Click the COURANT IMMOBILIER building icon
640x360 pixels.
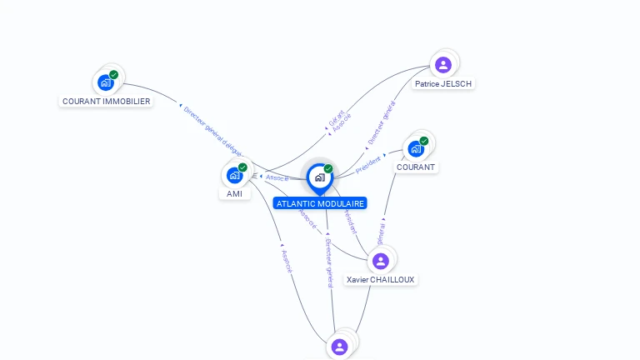[x=105, y=82]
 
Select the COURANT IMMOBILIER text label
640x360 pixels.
[x=107, y=102]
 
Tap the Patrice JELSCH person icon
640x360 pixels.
[x=443, y=64]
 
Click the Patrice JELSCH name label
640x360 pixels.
[x=444, y=83]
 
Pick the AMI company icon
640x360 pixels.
[x=234, y=175]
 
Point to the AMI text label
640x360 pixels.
[x=234, y=193]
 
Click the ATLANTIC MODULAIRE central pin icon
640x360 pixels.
[x=319, y=177]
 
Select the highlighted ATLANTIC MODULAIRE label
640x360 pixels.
[x=320, y=203]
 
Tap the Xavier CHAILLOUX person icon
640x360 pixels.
[x=381, y=261]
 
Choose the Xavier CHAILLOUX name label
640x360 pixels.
[x=381, y=280]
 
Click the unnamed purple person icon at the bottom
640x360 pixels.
[x=339, y=346]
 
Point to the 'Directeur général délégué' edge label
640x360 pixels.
[x=212, y=131]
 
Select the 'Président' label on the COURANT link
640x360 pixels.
[x=368, y=164]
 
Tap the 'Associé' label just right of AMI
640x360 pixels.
[x=277, y=177]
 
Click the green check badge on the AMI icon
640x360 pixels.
[x=242, y=167]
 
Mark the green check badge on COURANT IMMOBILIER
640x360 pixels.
[x=113, y=74]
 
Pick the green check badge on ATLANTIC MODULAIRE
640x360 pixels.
[x=328, y=168]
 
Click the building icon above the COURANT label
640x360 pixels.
[x=416, y=148]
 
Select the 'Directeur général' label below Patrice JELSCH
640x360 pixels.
[x=382, y=123]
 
